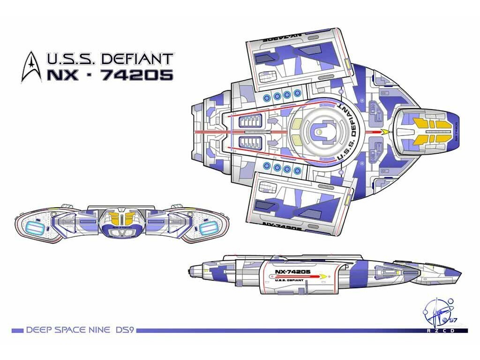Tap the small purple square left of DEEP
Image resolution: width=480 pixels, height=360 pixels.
click(17, 330)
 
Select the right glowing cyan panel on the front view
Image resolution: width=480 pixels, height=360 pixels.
click(207, 228)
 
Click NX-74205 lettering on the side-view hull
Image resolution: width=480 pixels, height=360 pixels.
click(292, 272)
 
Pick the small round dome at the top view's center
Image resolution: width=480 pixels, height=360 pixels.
click(319, 133)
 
